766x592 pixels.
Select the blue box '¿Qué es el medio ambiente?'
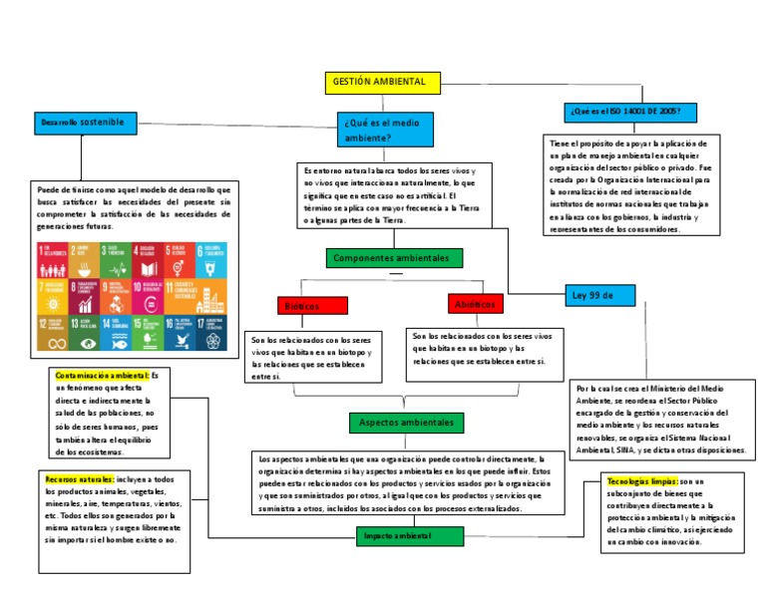(384, 130)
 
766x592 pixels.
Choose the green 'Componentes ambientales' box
(393, 258)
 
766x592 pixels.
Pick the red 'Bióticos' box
(311, 305)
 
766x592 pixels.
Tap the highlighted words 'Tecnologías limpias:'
(642, 481)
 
